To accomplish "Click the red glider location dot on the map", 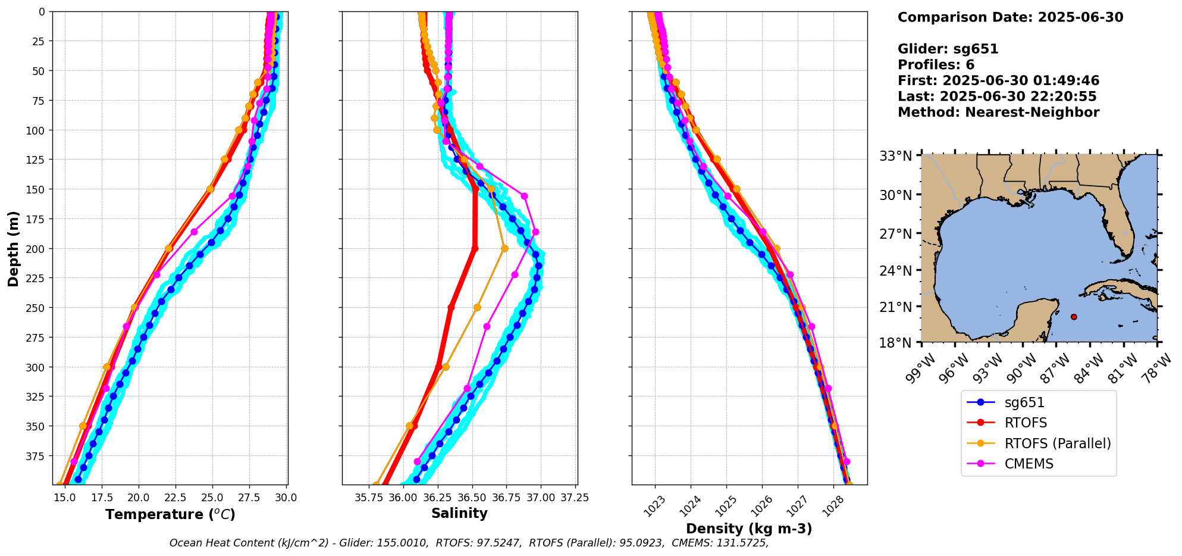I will (x=1074, y=317).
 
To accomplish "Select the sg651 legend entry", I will (x=1024, y=402).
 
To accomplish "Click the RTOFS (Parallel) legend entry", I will (x=1057, y=443).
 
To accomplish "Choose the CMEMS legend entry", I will (x=1029, y=464).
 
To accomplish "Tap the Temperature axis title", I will (x=170, y=514).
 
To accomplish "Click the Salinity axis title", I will (x=459, y=513).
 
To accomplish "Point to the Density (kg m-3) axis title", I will (x=749, y=529).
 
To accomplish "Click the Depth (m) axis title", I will (x=13, y=248).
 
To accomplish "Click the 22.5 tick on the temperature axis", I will (x=168, y=498).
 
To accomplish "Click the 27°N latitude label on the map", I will (x=895, y=234).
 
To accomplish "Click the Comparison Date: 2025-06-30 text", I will (x=1010, y=17).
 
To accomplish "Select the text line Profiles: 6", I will (x=936, y=65).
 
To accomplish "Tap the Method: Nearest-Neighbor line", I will (x=998, y=113).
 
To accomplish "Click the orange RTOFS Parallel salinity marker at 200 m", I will (x=504, y=248).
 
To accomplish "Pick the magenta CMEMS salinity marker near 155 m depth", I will (x=524, y=196).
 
